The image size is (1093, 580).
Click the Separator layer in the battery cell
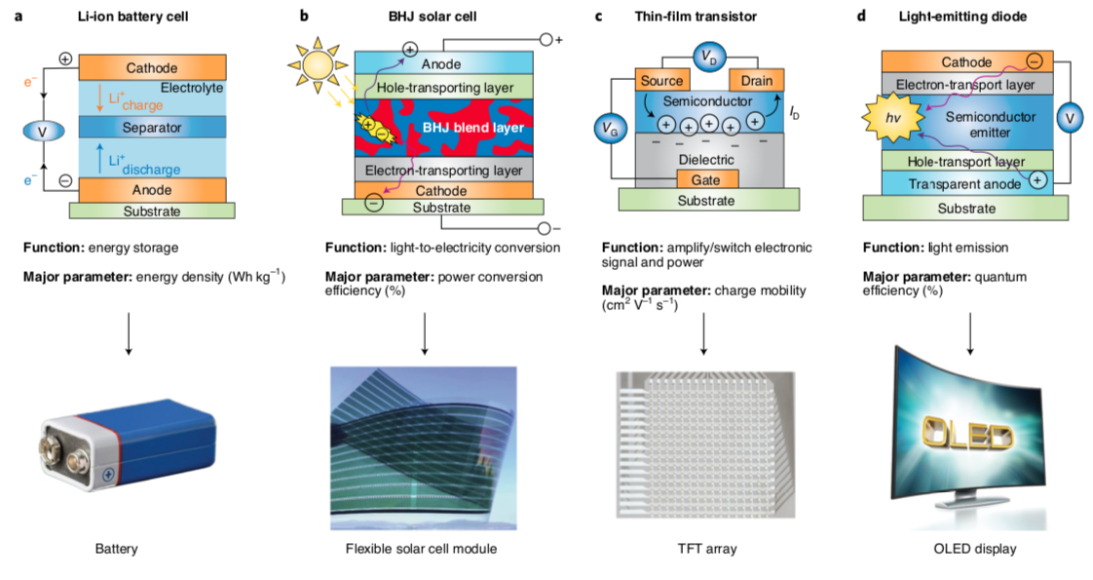(x=152, y=128)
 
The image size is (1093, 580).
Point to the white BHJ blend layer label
(x=473, y=128)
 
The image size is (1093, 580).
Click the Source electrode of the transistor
(x=661, y=80)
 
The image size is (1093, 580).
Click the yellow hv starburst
(x=888, y=119)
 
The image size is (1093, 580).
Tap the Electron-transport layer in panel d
(x=963, y=85)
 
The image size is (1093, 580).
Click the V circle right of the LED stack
(x=1070, y=118)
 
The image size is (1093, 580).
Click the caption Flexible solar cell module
(x=421, y=549)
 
